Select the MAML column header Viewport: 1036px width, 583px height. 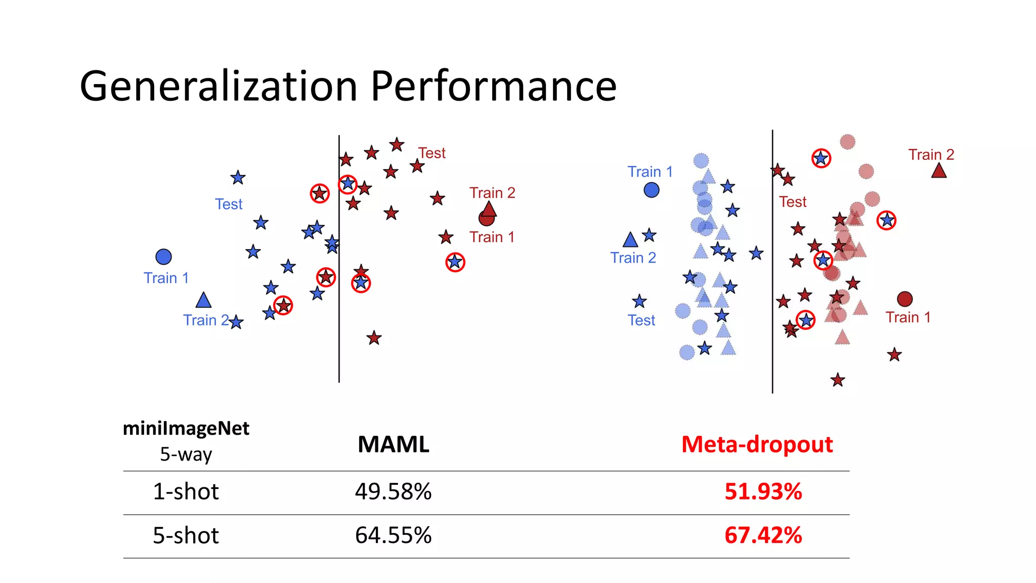[393, 444]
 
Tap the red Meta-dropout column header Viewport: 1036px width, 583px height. [757, 444]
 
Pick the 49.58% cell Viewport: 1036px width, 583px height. [393, 491]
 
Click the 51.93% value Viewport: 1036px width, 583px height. [763, 491]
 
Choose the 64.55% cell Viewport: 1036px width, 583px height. [393, 535]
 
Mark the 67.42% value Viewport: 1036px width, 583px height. [763, 535]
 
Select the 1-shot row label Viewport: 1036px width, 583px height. [186, 491]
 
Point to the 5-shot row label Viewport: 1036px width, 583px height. [186, 535]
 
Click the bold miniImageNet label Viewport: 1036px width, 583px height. [186, 429]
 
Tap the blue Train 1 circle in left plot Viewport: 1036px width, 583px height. [163, 257]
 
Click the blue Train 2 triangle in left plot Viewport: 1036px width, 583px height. [203, 301]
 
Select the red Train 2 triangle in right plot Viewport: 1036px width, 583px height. [939, 171]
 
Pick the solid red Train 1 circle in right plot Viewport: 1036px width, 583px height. [904, 299]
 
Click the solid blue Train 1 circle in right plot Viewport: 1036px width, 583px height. [652, 190]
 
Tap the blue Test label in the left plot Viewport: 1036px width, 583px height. [229, 204]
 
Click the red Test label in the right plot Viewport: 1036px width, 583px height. [793, 202]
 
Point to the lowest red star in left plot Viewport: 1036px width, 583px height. [374, 338]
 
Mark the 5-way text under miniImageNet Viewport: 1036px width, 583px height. [186, 454]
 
